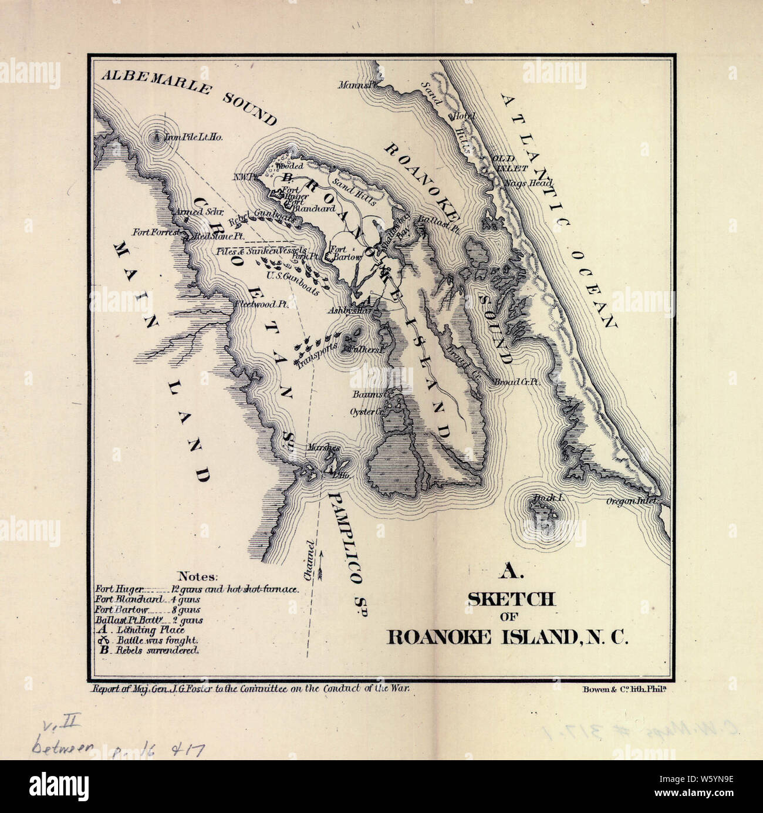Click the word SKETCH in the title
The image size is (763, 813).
[x=510, y=599]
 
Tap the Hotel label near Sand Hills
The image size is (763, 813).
[x=462, y=116]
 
